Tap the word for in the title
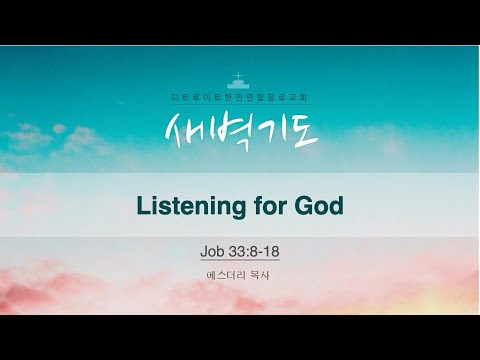coord(267,206)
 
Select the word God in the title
coord(317,206)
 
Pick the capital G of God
coord(301,206)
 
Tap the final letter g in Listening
coord(237,209)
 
